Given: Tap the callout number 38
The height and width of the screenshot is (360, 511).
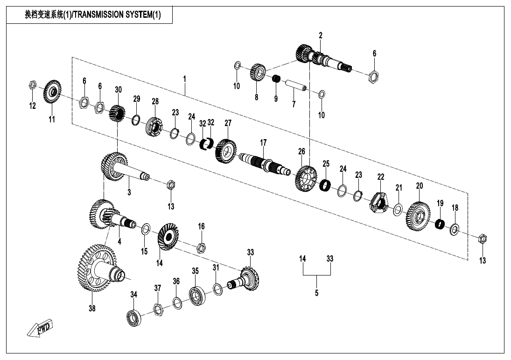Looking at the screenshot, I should [92, 308].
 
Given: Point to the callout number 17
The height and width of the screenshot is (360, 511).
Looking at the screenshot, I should [263, 142].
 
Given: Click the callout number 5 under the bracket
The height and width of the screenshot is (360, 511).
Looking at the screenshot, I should [316, 293].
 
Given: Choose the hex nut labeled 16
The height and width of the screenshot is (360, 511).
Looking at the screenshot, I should [201, 246].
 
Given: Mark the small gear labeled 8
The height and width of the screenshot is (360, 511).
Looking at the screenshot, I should [257, 72].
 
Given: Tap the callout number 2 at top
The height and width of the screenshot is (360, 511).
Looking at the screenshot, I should [321, 35].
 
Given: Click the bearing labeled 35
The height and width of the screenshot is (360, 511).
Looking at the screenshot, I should [198, 294].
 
